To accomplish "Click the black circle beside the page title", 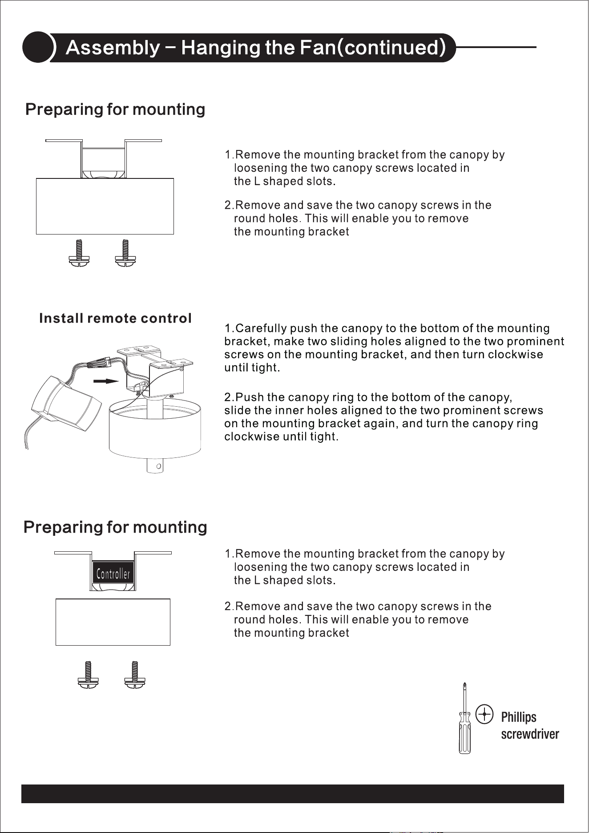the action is [38, 47].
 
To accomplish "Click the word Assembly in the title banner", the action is [112, 48].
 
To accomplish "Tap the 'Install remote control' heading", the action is [116, 318].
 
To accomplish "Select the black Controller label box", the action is [113, 574].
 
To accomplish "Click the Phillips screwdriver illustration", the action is [464, 718].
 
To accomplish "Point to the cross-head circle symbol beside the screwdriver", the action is [484, 714].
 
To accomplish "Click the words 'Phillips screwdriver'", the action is [530, 726].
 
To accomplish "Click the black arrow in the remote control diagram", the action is [106, 381].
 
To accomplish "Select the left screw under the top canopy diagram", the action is [80, 253].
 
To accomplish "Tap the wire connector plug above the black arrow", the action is [101, 364].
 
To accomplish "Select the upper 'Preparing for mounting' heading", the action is [115, 109].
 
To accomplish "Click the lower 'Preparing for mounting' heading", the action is [115, 527].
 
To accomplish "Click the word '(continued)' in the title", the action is [392, 48].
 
